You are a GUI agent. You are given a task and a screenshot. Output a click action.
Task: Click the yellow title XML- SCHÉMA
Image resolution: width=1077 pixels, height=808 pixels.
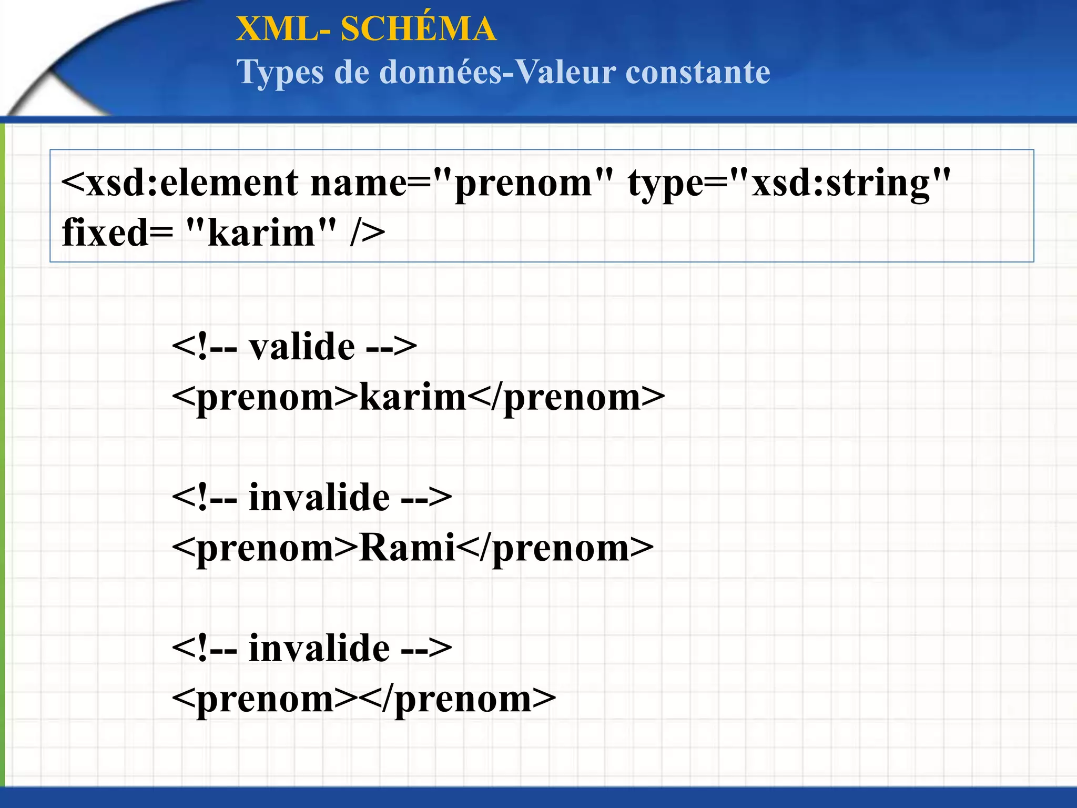[x=365, y=29]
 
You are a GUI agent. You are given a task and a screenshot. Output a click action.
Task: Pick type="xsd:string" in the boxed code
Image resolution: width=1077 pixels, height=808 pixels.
[x=789, y=183]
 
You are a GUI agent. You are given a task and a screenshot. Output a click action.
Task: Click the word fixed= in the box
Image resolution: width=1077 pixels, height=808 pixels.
[x=117, y=233]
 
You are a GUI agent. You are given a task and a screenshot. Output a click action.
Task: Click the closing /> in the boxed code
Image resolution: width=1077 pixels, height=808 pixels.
[x=367, y=233]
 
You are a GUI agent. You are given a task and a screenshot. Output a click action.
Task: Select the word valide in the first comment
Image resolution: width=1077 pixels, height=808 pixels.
[x=302, y=347]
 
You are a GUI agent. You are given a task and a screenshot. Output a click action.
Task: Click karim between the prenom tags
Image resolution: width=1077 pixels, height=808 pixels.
[x=412, y=397]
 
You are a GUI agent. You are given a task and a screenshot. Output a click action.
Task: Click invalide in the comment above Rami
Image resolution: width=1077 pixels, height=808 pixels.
[x=319, y=498]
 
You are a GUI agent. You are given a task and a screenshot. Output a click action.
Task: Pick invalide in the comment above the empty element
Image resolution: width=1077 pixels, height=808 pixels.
[x=319, y=648]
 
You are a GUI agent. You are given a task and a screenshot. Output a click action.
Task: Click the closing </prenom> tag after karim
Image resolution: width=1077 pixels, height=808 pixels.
[x=566, y=397]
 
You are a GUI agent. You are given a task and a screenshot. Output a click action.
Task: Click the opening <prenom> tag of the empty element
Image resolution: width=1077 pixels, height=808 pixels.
[x=265, y=699]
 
